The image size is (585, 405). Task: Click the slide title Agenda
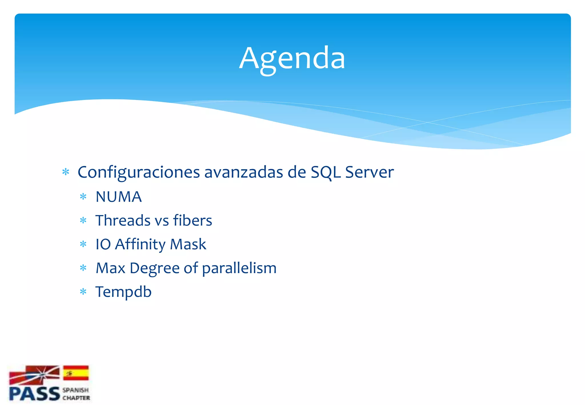[x=292, y=59]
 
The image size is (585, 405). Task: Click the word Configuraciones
[x=139, y=173]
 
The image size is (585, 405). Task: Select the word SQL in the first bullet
[x=326, y=173]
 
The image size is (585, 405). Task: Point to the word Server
[x=369, y=173]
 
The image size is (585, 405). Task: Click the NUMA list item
[x=119, y=197]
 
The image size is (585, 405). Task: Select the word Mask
[x=188, y=244]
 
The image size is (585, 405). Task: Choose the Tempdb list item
[x=123, y=292]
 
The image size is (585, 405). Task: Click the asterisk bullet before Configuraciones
[x=66, y=172]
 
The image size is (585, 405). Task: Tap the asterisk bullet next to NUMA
[x=83, y=197]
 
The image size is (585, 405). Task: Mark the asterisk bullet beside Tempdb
[x=83, y=292]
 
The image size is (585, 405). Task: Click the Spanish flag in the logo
[x=76, y=373]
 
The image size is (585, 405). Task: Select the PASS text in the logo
[x=34, y=394]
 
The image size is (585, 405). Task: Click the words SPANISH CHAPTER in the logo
[x=76, y=394]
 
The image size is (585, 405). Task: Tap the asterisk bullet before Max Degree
[x=83, y=268]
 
